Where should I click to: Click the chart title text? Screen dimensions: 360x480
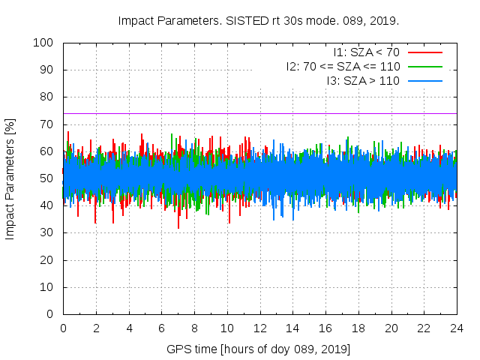pyautogui.click(x=259, y=20)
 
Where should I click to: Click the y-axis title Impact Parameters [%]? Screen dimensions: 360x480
pyautogui.click(x=10, y=178)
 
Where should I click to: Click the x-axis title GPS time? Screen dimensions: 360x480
pyautogui.click(x=259, y=349)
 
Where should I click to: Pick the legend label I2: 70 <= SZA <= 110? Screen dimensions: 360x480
pyautogui.click(x=343, y=66)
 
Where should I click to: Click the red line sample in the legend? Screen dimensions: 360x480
pyautogui.click(x=424, y=52)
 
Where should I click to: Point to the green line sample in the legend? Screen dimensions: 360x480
pyautogui.click(x=424, y=66)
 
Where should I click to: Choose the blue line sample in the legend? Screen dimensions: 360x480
pyautogui.click(x=424, y=80)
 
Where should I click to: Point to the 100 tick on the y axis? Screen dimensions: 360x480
pyautogui.click(x=46, y=43)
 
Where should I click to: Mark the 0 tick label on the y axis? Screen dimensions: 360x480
pyautogui.click(x=52, y=314)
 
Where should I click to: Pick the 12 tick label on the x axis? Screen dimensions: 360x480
pyautogui.click(x=259, y=328)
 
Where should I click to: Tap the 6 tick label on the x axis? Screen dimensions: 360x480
pyautogui.click(x=161, y=328)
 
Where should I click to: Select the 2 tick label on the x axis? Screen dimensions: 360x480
pyautogui.click(x=96, y=328)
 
